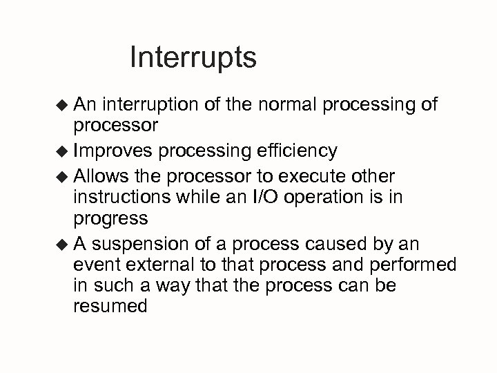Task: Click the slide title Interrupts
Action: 193,58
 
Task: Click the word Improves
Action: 115,151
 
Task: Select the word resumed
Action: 110,306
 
